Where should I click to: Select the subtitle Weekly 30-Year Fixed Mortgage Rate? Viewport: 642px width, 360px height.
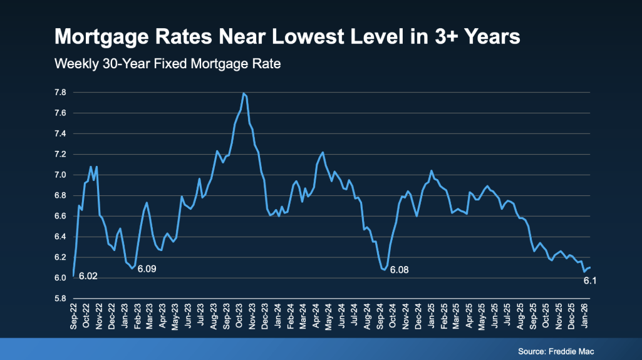[x=167, y=64]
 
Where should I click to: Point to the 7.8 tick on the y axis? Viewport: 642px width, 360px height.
[x=61, y=93]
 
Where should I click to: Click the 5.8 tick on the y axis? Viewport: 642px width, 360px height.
[x=61, y=299]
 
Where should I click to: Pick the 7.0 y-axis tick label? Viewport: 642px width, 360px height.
[x=61, y=175]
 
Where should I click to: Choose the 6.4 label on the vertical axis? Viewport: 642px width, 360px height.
[x=61, y=237]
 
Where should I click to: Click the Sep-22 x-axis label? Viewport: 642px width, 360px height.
[x=74, y=317]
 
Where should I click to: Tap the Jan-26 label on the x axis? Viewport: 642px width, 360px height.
[x=587, y=317]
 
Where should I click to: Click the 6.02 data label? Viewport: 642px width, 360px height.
[x=88, y=277]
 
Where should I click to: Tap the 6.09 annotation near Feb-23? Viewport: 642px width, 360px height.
[x=147, y=270]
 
